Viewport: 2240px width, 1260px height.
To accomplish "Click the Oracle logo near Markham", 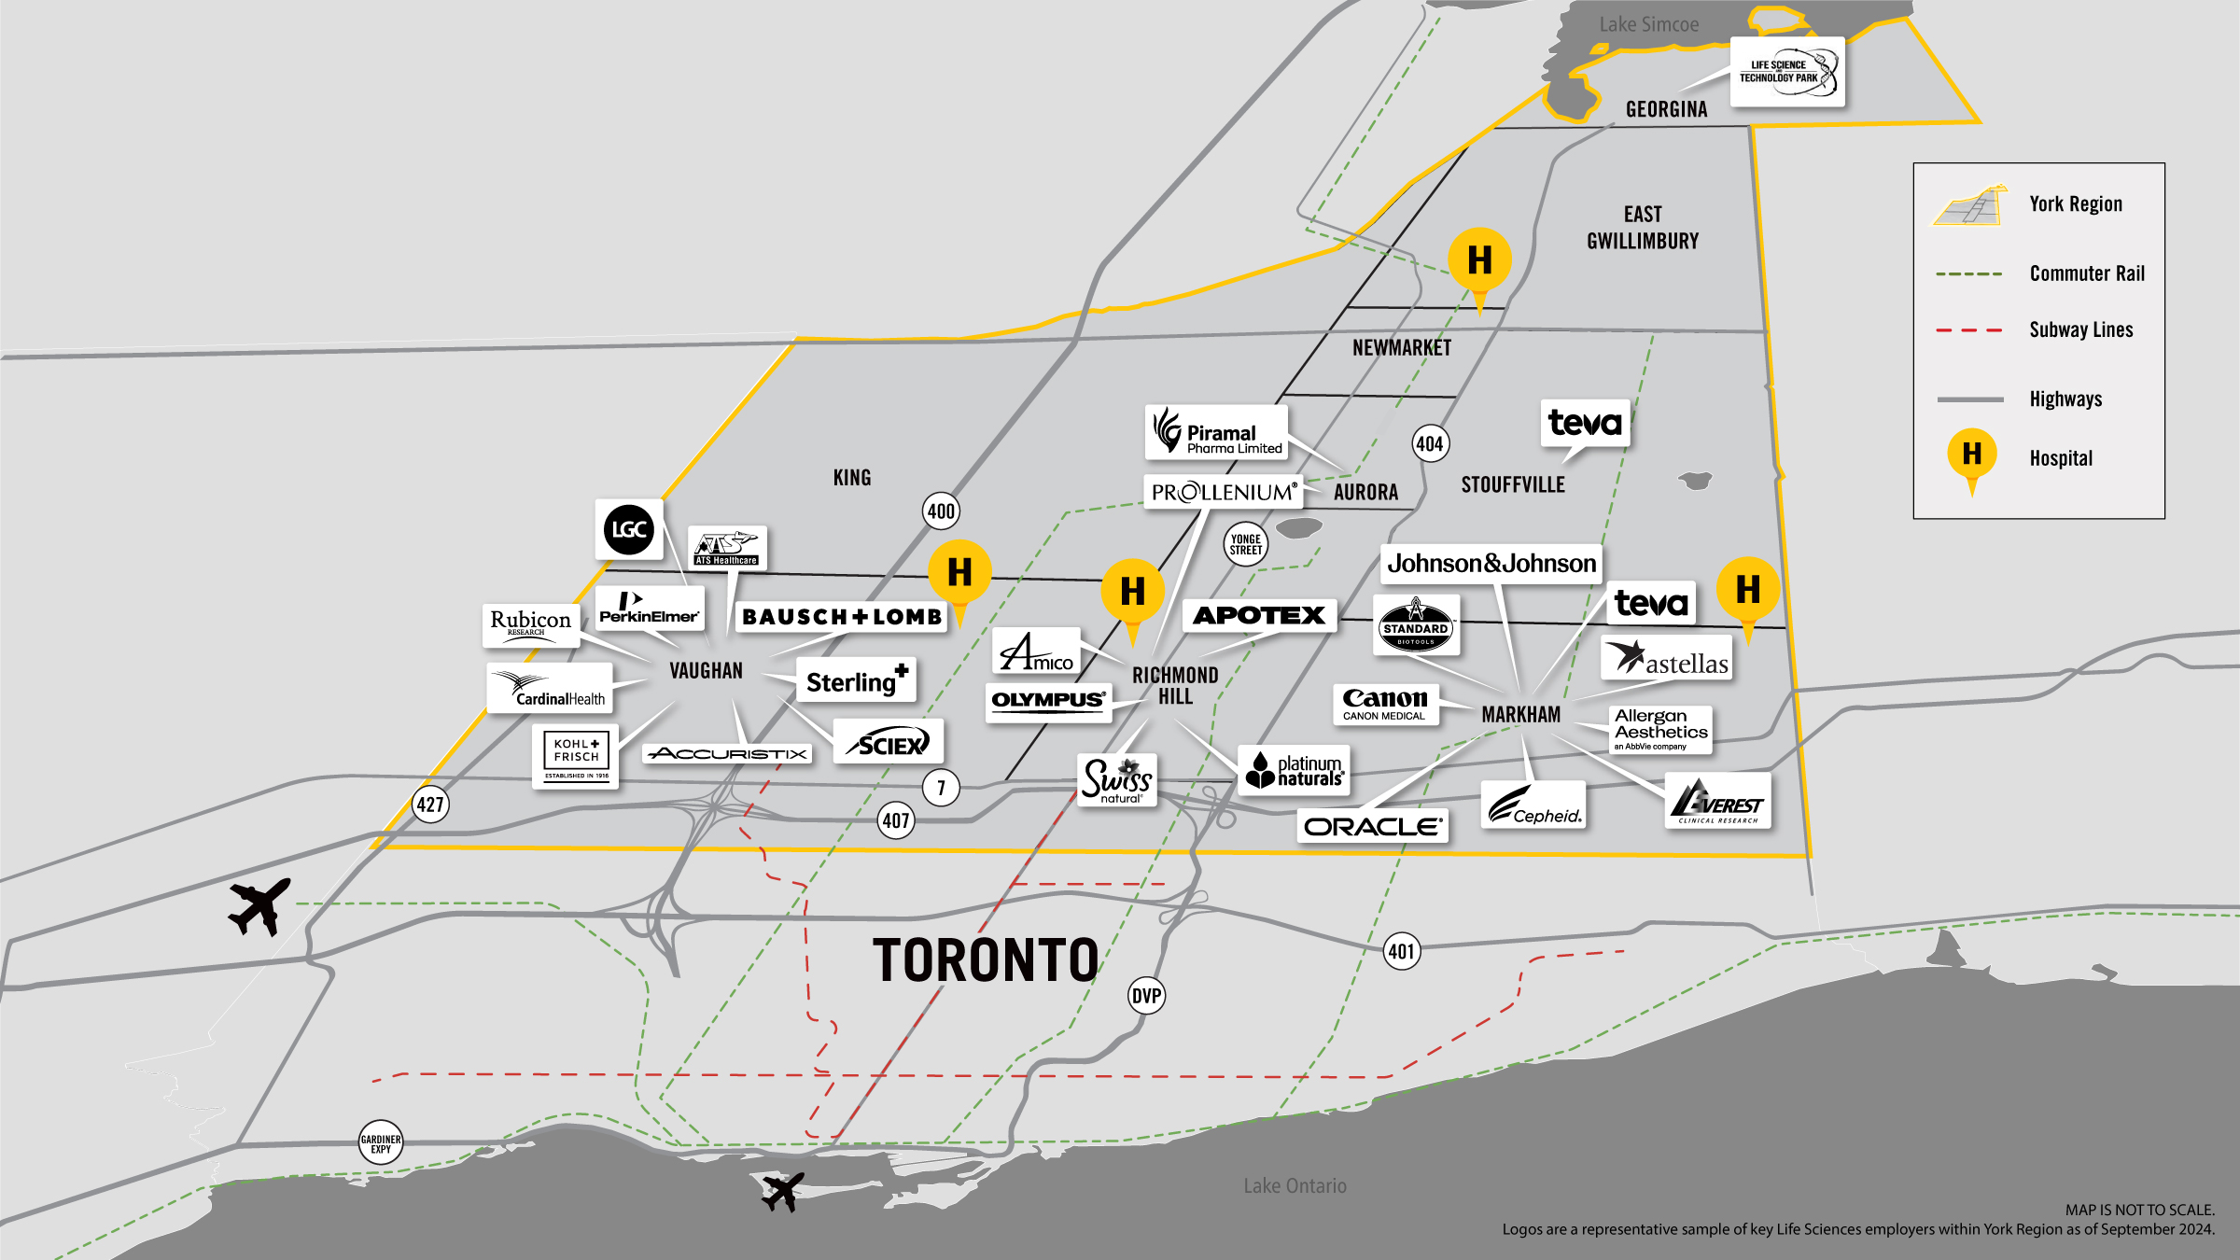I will point(1372,826).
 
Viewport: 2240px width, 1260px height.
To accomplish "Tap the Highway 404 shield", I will point(1430,443).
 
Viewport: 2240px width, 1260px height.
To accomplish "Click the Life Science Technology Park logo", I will point(1786,72).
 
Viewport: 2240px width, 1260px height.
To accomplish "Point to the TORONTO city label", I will point(986,960).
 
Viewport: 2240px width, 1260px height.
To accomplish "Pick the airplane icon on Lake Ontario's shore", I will point(782,1192).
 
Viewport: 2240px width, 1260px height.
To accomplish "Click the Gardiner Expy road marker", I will point(381,1142).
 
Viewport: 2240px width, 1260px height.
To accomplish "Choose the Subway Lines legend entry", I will point(2080,329).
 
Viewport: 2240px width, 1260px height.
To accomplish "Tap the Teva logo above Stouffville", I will point(1585,423).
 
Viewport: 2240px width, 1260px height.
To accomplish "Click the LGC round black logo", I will point(628,529).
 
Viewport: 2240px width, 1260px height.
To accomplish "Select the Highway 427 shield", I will point(430,805).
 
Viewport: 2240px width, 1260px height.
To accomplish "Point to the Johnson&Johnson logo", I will point(1491,564).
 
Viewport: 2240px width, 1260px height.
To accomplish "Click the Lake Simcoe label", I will point(1648,25).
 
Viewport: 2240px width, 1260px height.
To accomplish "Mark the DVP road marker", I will point(1146,996).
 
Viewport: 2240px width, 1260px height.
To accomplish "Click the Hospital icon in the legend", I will point(1971,455).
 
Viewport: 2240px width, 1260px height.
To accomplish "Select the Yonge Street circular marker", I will point(1245,544).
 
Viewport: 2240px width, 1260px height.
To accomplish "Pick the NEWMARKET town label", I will point(1401,348).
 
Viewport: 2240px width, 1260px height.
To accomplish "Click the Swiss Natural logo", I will point(1116,780).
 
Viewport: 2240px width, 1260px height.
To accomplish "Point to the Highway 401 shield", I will point(1401,951).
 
